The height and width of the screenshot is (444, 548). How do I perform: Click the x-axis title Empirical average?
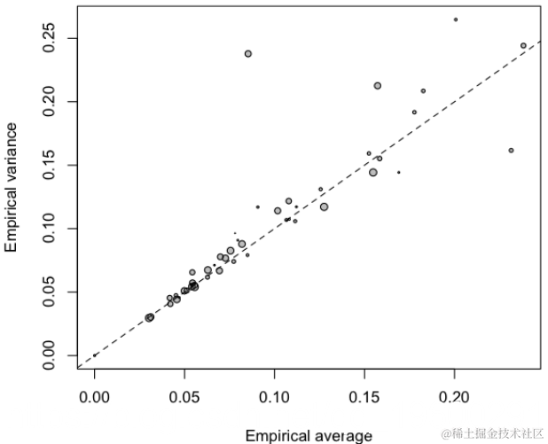pos(309,435)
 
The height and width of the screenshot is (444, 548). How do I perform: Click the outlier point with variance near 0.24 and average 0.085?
pos(248,54)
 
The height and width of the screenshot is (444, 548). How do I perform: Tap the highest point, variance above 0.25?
pos(456,19)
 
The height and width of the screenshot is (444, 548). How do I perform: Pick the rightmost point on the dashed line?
pos(524,45)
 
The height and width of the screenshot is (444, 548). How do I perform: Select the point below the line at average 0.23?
pos(512,151)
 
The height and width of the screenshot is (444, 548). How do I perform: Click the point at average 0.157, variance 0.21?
pos(378,86)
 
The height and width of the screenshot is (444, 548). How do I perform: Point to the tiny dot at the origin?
pos(95,354)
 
